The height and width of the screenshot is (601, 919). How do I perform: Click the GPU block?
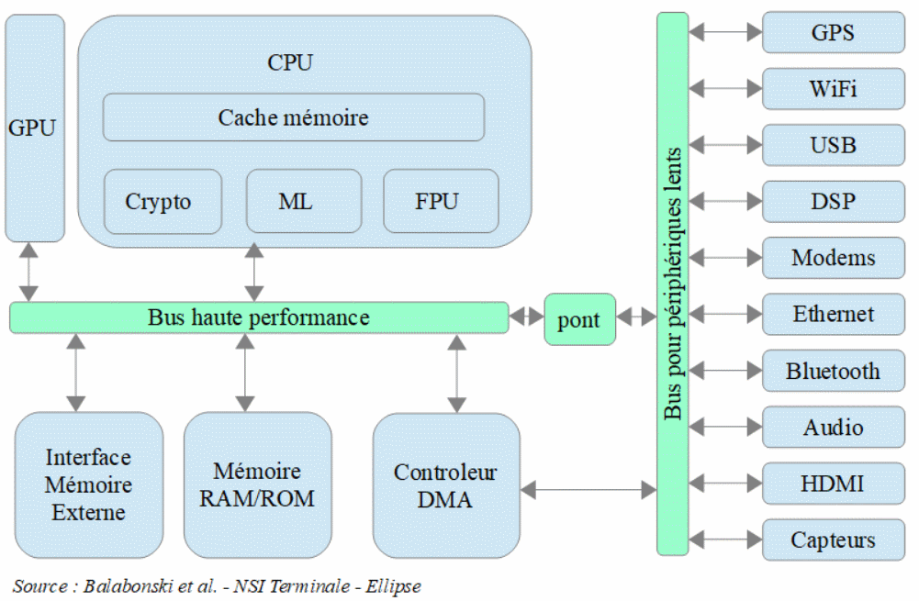(x=35, y=128)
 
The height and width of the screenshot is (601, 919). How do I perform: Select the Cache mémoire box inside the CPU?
(x=293, y=117)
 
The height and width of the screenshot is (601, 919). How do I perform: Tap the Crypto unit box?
(x=163, y=202)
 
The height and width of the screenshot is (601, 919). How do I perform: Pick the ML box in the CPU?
(x=295, y=202)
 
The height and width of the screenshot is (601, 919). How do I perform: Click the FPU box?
(x=440, y=202)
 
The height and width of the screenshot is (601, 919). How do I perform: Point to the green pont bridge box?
(x=578, y=319)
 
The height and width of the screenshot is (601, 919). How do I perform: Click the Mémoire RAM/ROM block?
(x=257, y=484)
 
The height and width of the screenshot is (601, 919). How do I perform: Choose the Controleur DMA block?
(x=445, y=484)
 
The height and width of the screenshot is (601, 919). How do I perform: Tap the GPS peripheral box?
(x=833, y=33)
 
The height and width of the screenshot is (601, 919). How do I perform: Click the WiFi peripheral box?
(x=833, y=89)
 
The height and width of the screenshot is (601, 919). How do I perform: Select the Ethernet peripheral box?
(x=833, y=315)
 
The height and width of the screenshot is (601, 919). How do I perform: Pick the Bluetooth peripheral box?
(x=833, y=372)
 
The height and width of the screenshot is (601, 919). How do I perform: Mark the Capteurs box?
(x=833, y=540)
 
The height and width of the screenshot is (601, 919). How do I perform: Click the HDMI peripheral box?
(x=833, y=484)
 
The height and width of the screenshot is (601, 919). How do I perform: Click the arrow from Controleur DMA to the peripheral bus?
(x=588, y=491)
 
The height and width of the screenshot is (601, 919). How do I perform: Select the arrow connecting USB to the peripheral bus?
(x=725, y=145)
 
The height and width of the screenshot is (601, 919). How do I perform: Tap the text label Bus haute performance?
(x=259, y=318)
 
